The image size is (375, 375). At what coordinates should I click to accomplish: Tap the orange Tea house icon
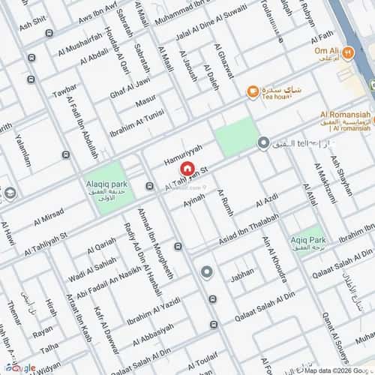(x=253, y=92)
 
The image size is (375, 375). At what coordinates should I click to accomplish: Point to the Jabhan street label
(x=242, y=274)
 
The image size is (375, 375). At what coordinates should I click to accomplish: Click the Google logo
(x=18, y=367)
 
